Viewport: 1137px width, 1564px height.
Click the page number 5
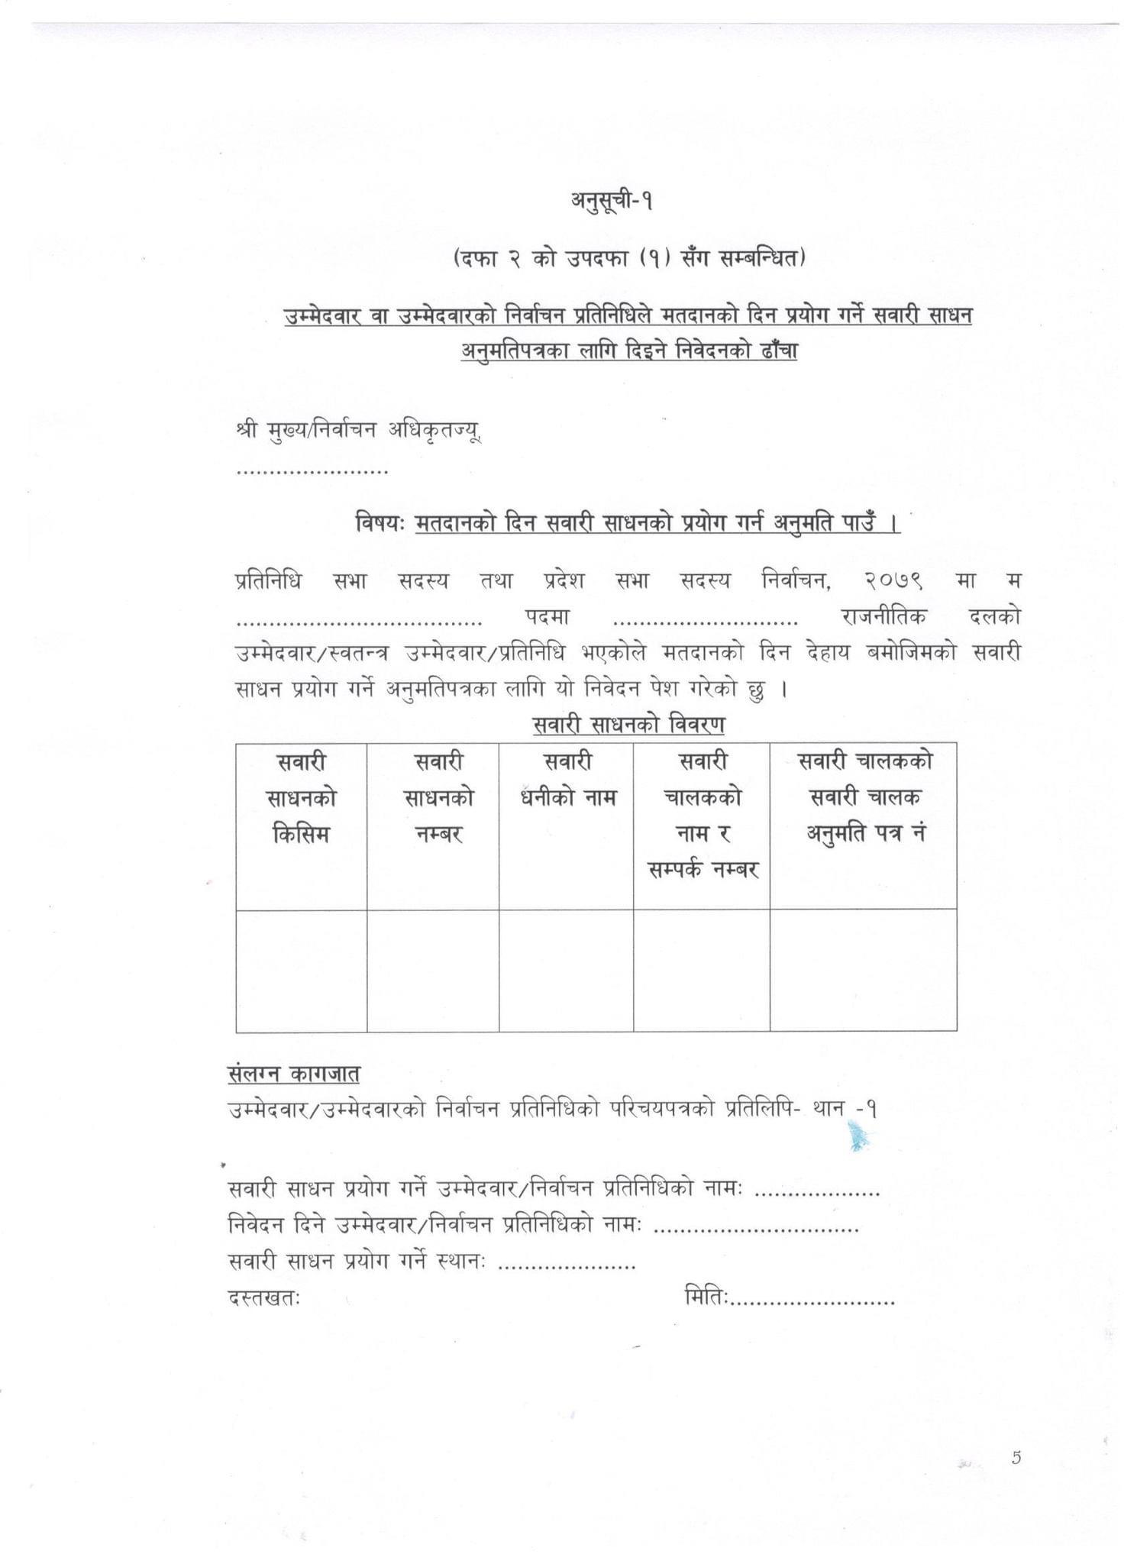coord(1016,1458)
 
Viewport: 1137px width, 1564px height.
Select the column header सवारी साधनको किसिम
coord(301,798)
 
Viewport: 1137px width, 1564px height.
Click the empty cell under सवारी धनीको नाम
coord(566,970)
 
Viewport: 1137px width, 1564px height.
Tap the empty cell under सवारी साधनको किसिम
coord(301,970)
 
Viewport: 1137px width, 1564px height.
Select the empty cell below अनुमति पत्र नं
coord(863,970)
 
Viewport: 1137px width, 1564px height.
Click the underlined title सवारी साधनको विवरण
coord(628,724)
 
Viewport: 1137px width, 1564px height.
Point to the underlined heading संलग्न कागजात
coord(293,1074)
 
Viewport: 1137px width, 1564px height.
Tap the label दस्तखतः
coord(263,1297)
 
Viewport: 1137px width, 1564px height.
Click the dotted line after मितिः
coord(813,1300)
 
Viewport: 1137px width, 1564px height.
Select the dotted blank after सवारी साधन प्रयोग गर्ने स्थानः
coord(567,1265)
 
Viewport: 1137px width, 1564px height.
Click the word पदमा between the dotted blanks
coord(548,616)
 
